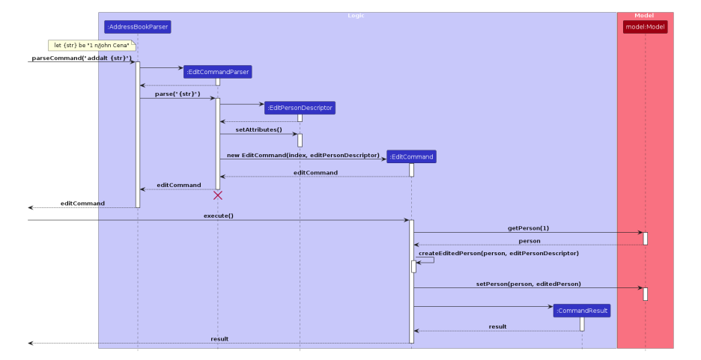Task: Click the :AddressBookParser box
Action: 138,28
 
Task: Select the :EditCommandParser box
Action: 218,72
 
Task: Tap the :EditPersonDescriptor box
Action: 300,108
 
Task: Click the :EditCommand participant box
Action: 411,157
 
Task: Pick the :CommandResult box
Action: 582,311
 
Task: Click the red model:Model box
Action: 645,28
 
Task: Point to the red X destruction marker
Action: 218,195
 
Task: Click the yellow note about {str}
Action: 91,46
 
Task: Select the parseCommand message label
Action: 82,58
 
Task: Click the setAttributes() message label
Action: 258,130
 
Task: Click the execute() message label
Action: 219,216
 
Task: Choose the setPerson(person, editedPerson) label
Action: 528,284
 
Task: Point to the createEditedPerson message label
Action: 498,254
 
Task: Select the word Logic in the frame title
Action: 356,16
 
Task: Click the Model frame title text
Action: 643,16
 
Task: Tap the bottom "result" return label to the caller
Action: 219,339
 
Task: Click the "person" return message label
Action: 529,241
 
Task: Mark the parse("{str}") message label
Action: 177,94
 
